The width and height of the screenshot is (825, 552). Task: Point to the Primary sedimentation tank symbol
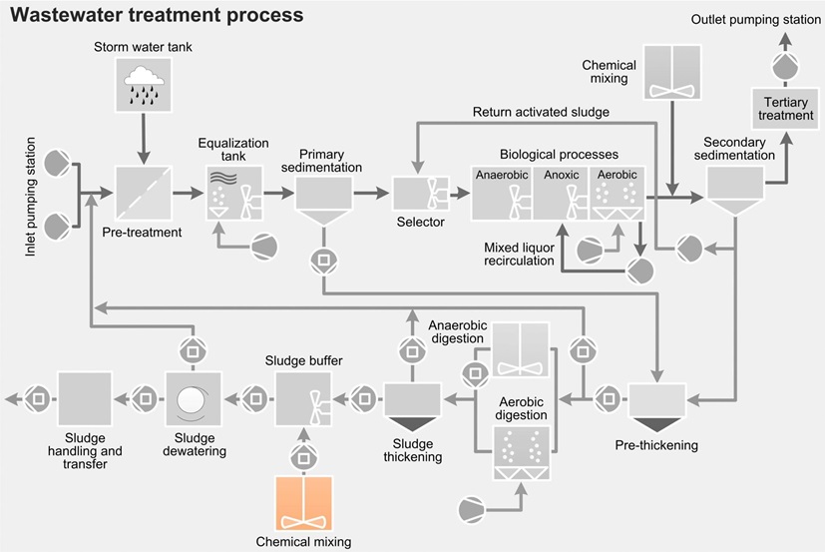coord(323,196)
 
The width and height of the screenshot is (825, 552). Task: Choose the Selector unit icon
coord(419,194)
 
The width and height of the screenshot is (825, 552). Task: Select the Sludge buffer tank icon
coord(302,399)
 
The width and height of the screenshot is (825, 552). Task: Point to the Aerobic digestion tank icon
coord(521,454)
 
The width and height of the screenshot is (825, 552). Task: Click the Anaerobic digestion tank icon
coord(521,350)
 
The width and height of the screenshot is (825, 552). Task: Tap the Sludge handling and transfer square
coord(85,399)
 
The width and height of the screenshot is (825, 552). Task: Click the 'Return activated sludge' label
coord(541,112)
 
